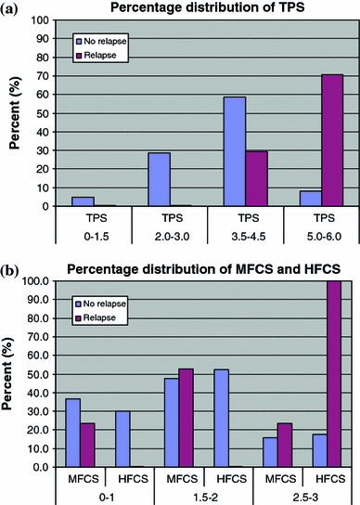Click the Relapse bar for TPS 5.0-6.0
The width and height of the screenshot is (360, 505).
pos(332,140)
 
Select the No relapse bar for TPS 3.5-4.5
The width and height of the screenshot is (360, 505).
pos(235,151)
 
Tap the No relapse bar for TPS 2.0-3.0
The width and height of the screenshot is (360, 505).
pos(159,179)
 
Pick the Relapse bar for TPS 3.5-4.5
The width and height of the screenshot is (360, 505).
pos(257,179)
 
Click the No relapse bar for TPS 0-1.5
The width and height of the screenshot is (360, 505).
pos(84,201)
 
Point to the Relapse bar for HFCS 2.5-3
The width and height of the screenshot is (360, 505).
pos(334,373)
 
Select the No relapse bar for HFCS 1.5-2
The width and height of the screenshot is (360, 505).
pos(221,418)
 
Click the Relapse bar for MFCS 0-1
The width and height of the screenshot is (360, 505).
pos(87,445)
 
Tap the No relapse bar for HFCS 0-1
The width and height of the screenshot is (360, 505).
pos(122,439)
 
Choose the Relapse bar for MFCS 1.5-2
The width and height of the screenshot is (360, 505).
pos(186,418)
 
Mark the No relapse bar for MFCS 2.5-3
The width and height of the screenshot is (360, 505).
pos(270,452)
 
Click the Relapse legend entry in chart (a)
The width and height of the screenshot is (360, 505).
pos(96,56)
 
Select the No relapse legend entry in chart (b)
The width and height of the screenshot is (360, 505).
pos(100,304)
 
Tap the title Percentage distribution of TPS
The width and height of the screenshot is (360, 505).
pos(208,7)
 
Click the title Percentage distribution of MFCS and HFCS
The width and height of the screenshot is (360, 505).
pos(203,269)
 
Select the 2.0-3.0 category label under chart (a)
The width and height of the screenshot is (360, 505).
pos(172,237)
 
